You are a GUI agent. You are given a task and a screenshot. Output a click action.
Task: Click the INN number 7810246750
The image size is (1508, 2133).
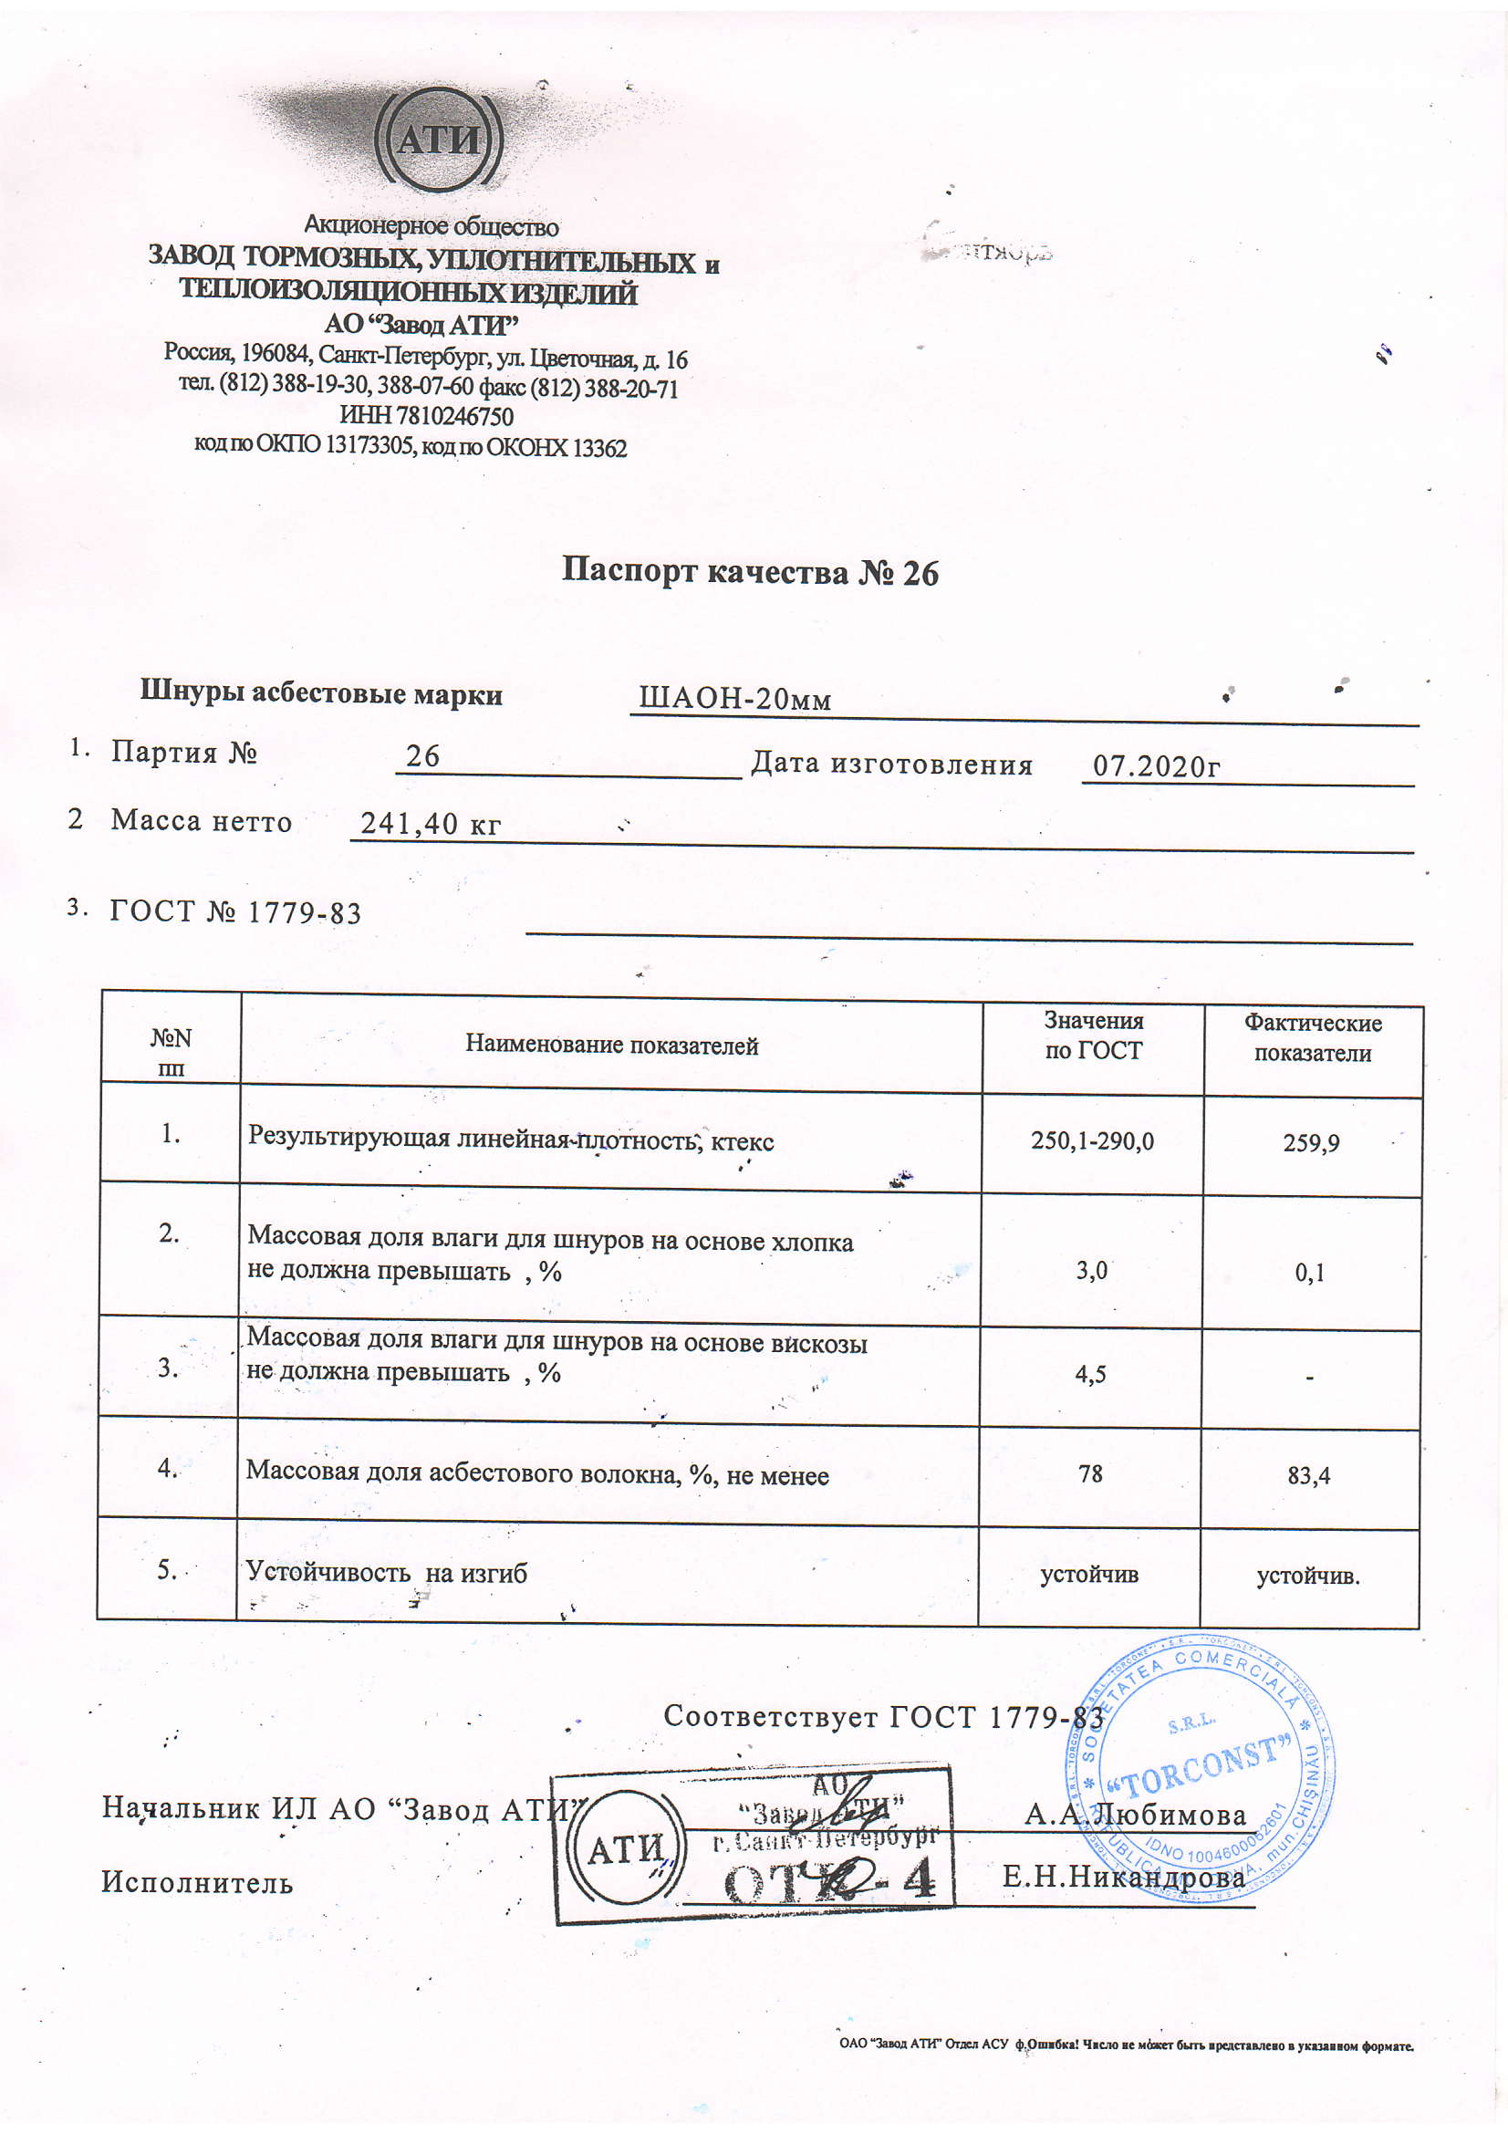coord(426,416)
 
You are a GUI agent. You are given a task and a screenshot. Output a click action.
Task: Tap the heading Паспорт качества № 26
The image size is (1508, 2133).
coord(750,571)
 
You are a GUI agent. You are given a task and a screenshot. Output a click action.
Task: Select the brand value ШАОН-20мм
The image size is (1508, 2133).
coord(735,699)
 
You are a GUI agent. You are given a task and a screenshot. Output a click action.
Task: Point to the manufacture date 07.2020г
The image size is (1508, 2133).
coord(1156,766)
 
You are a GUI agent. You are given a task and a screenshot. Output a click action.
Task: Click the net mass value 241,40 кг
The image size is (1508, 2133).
coord(431,823)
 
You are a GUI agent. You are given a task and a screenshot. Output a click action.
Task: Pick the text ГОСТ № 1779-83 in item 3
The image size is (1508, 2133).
coord(235,912)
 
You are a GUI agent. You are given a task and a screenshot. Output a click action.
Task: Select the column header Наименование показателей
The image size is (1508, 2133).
coord(611,1046)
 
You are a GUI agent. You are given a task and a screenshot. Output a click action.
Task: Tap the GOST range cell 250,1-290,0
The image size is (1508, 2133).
coord(1092,1140)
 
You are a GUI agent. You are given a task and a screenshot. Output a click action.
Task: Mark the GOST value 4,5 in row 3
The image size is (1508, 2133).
coord(1090,1374)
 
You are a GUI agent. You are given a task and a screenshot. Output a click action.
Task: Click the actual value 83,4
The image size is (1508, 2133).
coord(1308,1475)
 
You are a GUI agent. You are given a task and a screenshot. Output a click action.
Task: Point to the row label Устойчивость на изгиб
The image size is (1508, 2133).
coord(386,1572)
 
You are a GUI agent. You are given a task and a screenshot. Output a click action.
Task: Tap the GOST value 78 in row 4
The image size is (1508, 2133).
coord(1090,1473)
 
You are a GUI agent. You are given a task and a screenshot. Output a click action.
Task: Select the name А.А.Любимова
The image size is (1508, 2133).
coord(1136,1815)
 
